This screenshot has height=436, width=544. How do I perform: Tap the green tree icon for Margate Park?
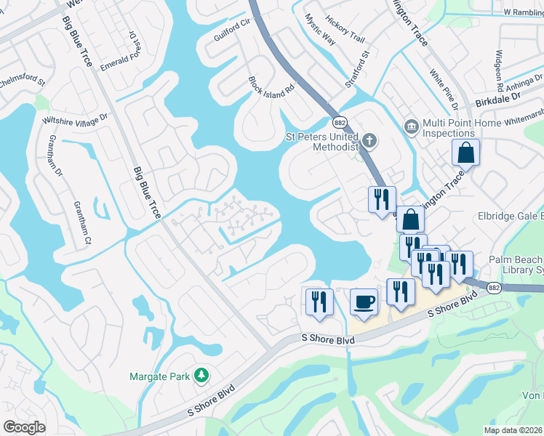pos(201,376)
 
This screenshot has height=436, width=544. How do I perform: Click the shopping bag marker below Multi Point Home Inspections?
pos(465,153)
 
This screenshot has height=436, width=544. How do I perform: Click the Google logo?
pos(24,427)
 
